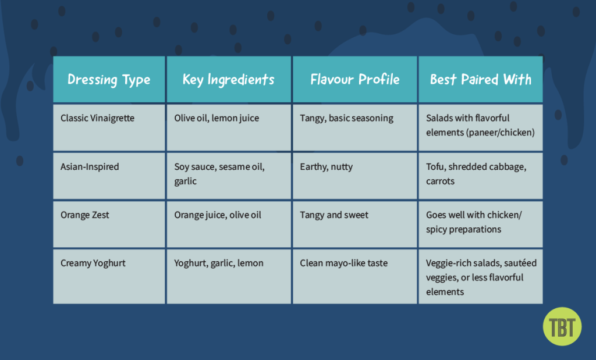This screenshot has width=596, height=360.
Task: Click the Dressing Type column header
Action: pyautogui.click(x=109, y=80)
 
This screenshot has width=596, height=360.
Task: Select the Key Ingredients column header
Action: pyautogui.click(x=228, y=80)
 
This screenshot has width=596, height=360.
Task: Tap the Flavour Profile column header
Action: pyautogui.click(x=355, y=80)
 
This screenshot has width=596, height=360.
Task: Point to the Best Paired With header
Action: pyautogui.click(x=480, y=80)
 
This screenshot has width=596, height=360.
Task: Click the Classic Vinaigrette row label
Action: pyautogui.click(x=97, y=118)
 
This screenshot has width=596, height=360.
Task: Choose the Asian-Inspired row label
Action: pyautogui.click(x=90, y=166)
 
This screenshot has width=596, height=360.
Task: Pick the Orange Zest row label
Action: pyautogui.click(x=85, y=215)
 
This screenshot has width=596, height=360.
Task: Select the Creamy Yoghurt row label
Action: pyautogui.click(x=93, y=263)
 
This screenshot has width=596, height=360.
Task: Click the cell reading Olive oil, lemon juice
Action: pyautogui.click(x=217, y=118)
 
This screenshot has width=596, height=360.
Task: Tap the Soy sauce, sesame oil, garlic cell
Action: pyautogui.click(x=219, y=173)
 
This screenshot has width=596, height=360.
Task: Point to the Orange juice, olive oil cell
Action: pyautogui.click(x=218, y=215)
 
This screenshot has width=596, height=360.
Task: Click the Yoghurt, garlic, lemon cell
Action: pyautogui.click(x=219, y=263)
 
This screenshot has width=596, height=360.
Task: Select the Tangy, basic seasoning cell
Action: pyautogui.click(x=346, y=118)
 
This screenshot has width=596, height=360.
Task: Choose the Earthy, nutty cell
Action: pyautogui.click(x=326, y=166)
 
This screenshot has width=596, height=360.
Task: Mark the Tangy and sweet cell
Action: pyautogui.click(x=334, y=215)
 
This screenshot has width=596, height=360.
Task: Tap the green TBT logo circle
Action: pyautogui.click(x=562, y=326)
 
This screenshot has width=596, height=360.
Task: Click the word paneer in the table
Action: pyautogui.click(x=481, y=132)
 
